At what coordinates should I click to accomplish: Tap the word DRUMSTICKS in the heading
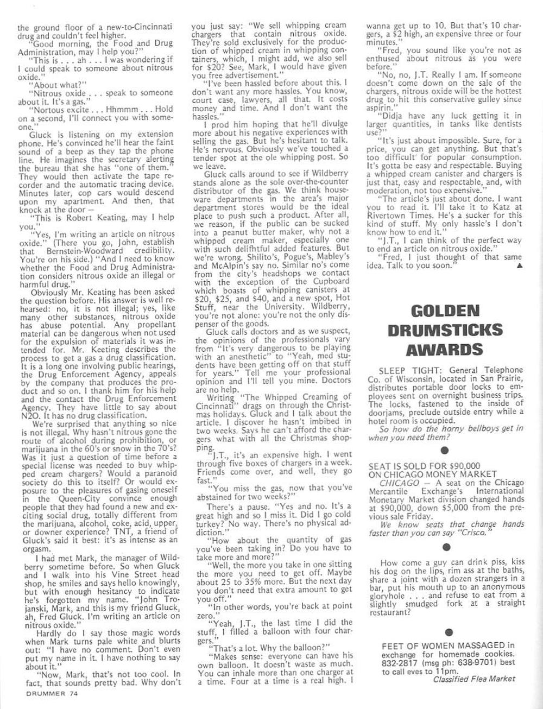[445, 330]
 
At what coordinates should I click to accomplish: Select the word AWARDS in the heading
[445, 349]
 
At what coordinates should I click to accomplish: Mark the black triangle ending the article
[520, 265]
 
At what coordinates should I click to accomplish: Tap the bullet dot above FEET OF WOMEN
[449, 632]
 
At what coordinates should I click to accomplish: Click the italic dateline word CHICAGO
[399, 483]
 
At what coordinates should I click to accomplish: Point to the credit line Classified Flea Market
[474, 679]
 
